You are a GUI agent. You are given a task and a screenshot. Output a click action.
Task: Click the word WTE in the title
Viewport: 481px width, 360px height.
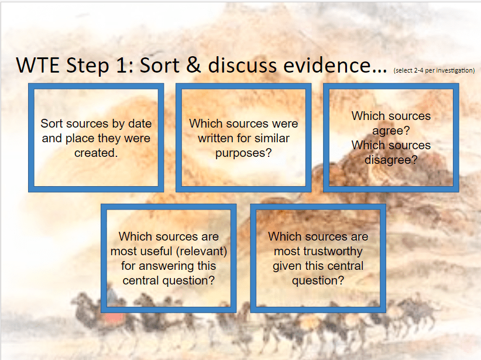click(x=37, y=66)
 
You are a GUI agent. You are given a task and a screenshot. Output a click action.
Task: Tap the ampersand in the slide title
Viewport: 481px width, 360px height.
click(x=193, y=65)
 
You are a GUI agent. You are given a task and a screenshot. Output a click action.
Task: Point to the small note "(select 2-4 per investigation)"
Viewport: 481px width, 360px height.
click(x=434, y=71)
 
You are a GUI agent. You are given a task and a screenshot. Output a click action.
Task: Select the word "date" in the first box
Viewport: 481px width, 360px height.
click(x=140, y=124)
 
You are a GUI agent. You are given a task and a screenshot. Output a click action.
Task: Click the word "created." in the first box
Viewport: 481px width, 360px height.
click(x=96, y=153)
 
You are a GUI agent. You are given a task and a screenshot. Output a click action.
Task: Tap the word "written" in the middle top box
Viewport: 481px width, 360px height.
click(x=213, y=138)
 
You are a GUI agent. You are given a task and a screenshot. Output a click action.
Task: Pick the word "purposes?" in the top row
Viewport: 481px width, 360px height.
click(x=243, y=153)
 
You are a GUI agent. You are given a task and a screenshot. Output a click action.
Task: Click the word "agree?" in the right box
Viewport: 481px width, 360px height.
click(x=391, y=131)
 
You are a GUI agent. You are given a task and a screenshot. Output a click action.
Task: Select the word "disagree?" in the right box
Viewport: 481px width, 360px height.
click(x=391, y=160)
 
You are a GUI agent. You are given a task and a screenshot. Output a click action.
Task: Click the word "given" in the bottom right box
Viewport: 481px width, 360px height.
click(x=287, y=266)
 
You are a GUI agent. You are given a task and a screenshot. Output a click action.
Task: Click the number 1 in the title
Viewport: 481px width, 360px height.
click(x=123, y=66)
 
